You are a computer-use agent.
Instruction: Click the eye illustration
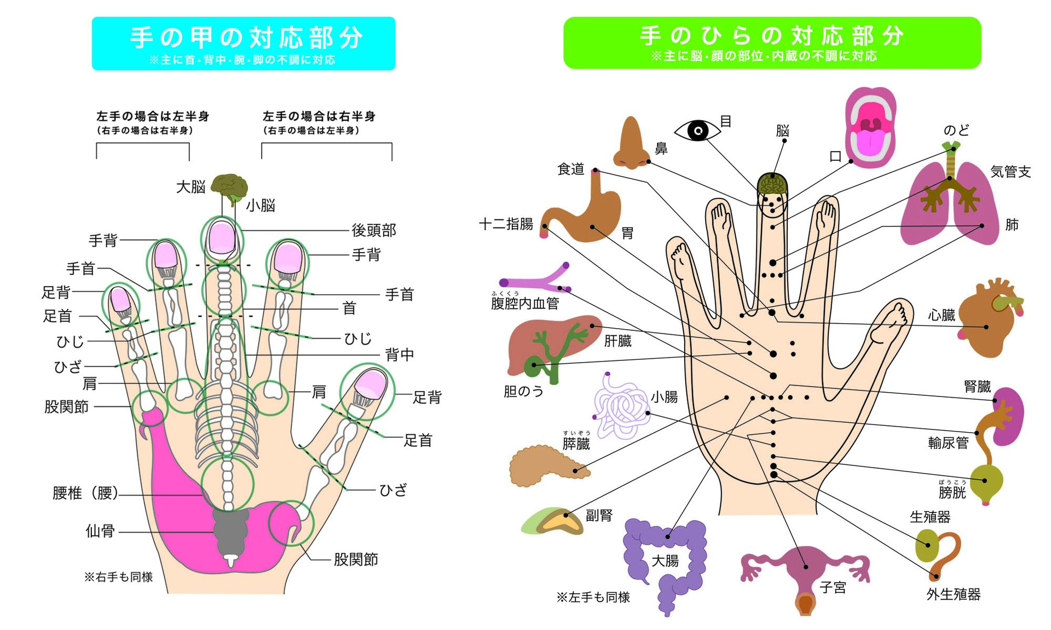coord(697,130)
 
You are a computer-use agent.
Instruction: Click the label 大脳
coord(190,187)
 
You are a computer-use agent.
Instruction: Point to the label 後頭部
coord(374,230)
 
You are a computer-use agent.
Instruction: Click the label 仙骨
coord(100,530)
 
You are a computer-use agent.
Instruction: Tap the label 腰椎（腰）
coord(85,493)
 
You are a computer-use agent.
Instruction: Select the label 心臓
coord(942,315)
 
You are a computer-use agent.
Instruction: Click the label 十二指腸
coord(506,224)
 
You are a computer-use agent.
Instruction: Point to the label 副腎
coord(599,515)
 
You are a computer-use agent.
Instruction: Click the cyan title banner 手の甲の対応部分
coord(244,43)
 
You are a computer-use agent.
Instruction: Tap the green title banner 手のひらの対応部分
coord(772,43)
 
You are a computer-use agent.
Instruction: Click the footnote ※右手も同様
coord(118,577)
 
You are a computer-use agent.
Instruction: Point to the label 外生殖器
coord(954,594)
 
